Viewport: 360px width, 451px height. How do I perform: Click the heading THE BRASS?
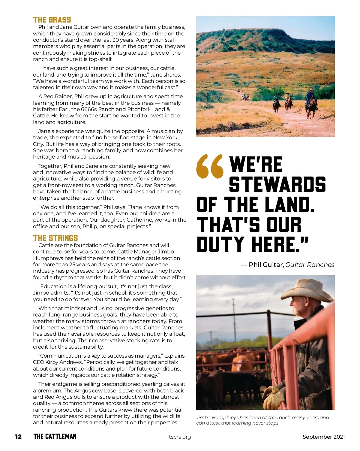tap(52, 20)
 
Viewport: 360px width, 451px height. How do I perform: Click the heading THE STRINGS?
tap(55, 238)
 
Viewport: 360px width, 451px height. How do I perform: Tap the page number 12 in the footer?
tap(18, 437)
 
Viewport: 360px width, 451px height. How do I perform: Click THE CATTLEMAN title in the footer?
tap(55, 436)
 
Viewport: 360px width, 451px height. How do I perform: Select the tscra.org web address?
tap(180, 437)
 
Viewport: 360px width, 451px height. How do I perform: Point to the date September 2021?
tap(323, 437)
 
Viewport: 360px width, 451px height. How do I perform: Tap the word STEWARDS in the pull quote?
tap(277, 184)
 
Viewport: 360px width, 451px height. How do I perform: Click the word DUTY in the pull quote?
tap(220, 244)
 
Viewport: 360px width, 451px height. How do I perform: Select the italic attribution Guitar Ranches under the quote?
tap(310, 265)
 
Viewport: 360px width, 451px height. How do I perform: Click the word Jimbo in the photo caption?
tap(204, 417)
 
